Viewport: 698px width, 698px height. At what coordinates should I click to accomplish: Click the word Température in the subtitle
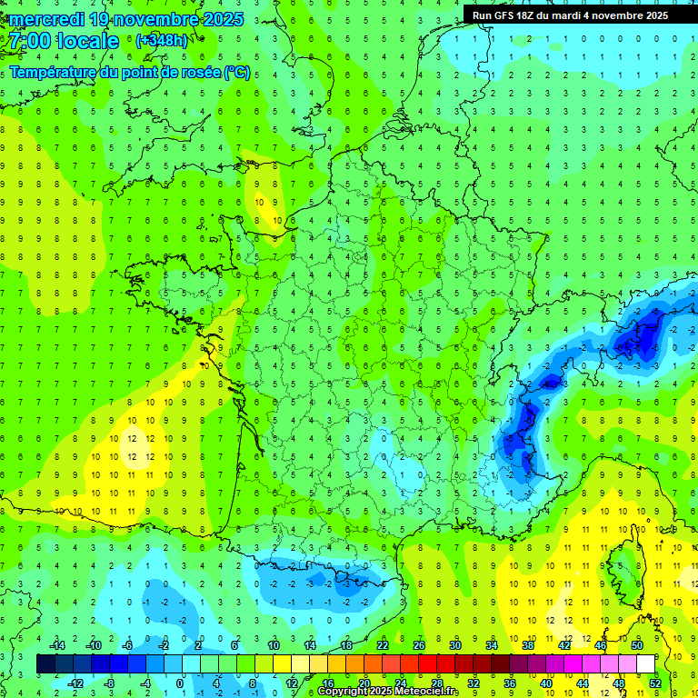tap(53, 72)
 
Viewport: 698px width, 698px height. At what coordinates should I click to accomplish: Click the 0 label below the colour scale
tap(179, 683)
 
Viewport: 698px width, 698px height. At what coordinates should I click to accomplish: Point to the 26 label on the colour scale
tap(419, 644)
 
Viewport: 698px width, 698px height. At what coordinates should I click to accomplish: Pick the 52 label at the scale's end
tap(655, 683)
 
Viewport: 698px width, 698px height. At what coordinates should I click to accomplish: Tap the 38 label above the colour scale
tap(527, 644)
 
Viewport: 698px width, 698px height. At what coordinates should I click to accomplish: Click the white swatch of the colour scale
tap(645, 663)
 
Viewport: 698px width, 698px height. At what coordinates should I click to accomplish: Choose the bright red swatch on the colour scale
tap(427, 663)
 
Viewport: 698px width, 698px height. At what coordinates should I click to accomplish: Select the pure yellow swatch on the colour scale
tap(282, 663)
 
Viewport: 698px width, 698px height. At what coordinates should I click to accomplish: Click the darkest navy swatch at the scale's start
tap(45, 663)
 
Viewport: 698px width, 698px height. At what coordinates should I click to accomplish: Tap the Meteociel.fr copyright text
tap(388, 692)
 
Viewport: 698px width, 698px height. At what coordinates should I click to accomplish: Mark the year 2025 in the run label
tap(653, 15)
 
